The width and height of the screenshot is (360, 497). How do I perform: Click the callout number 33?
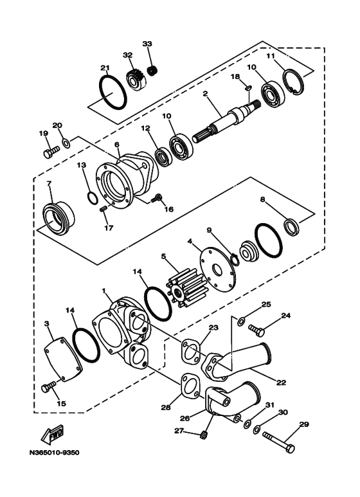(x=147, y=44)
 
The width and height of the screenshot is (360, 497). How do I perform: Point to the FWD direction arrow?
(x=50, y=437)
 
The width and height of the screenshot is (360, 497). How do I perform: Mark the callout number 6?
(x=117, y=145)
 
